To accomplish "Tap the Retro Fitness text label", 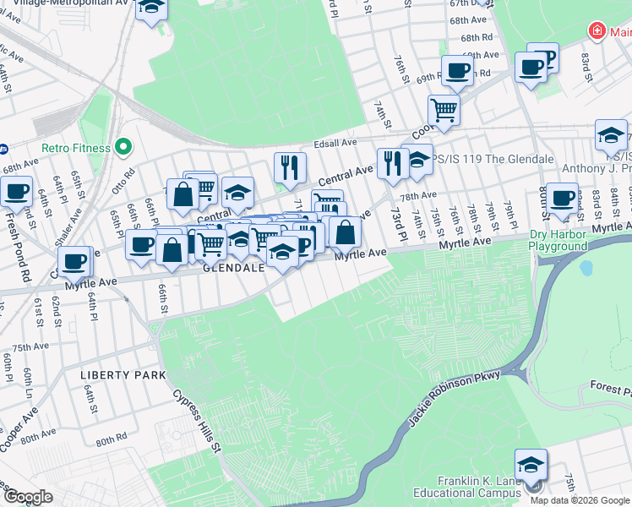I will coord(79,148).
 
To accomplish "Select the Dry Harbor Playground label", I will coord(558,240).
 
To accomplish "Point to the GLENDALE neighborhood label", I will coord(234,267).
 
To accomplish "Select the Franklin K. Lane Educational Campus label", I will coord(467,488).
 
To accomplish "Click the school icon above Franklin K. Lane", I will coord(531,466).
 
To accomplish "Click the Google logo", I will coord(27,497).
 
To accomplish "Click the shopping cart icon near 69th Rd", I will coord(443,108).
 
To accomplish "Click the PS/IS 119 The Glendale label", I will coord(493,159).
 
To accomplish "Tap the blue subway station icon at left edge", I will coord(3,150).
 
